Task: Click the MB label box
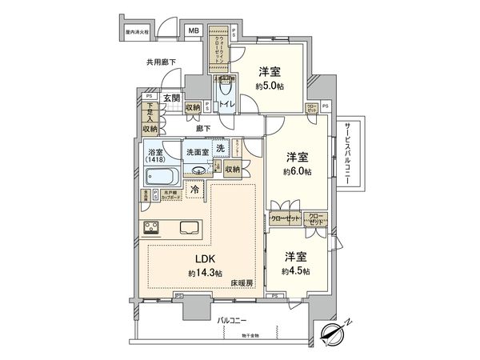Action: click(194, 31)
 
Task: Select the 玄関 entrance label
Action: click(171, 98)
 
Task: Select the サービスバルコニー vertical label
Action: click(348, 156)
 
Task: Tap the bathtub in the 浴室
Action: click(162, 176)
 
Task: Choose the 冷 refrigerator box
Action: click(196, 190)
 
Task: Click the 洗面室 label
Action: click(197, 152)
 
